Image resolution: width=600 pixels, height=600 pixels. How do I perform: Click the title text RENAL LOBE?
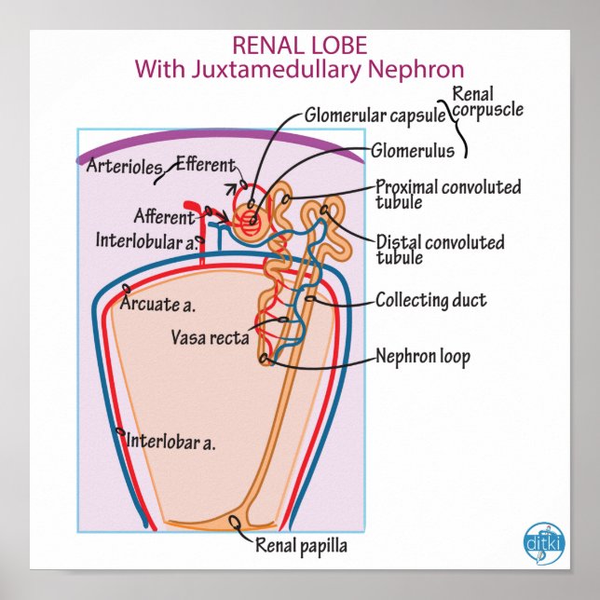click(x=299, y=45)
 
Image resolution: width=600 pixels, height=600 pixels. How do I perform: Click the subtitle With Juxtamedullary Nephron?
click(x=299, y=69)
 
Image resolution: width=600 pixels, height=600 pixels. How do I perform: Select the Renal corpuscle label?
click(x=486, y=102)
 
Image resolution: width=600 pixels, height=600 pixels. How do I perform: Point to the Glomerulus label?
click(x=412, y=149)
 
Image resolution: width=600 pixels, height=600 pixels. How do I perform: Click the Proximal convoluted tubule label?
click(x=447, y=194)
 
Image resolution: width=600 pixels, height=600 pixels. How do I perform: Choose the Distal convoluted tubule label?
click(x=440, y=249)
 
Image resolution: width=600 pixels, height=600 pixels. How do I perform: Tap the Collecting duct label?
click(x=430, y=300)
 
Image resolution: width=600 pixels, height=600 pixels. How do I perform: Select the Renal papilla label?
click(x=301, y=545)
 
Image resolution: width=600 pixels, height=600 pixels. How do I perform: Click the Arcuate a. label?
click(x=163, y=304)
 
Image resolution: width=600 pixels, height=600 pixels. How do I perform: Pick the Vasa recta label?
click(x=210, y=337)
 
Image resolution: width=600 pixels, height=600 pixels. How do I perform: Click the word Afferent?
click(x=164, y=217)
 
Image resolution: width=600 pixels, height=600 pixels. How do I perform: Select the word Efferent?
click(x=205, y=165)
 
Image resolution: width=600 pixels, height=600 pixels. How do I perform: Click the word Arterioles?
click(x=124, y=168)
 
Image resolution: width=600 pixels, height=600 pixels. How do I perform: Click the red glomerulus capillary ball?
click(x=249, y=221)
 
